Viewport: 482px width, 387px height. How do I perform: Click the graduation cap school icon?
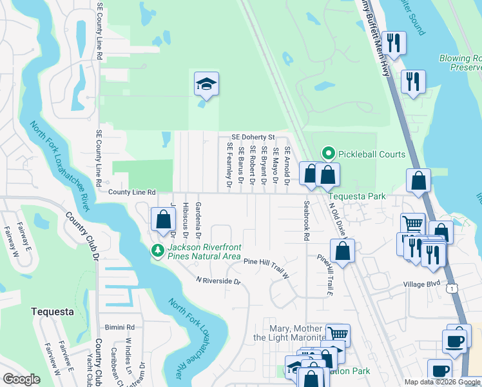[x=205, y=84]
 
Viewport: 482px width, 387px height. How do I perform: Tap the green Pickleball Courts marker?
[x=328, y=154]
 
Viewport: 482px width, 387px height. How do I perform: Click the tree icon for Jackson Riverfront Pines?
[x=157, y=250]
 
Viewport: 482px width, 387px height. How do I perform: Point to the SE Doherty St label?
[x=253, y=137]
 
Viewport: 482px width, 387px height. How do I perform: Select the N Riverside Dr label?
[x=218, y=281]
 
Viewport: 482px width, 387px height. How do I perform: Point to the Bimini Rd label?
[x=121, y=327]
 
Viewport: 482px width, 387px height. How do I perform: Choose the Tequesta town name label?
[x=52, y=312]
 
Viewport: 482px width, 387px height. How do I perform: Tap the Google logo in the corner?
[x=21, y=379]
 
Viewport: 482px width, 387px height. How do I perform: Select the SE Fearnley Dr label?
[x=229, y=166]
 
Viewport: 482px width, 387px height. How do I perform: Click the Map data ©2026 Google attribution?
[x=441, y=382]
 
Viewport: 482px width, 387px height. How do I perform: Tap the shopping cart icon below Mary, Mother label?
[x=337, y=334]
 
